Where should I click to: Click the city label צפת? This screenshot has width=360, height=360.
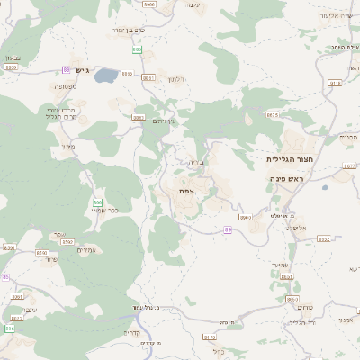click(x=187, y=190)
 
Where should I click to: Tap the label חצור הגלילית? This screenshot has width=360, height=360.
click(x=288, y=158)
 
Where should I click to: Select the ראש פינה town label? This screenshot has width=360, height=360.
click(x=288, y=179)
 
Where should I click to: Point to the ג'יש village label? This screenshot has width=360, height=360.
click(x=85, y=70)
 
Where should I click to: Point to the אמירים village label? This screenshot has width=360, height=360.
click(x=87, y=249)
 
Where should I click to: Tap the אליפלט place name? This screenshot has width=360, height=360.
click(x=297, y=228)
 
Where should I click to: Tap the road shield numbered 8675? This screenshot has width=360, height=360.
click(x=273, y=115)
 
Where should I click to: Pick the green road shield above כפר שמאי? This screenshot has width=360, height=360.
click(x=96, y=202)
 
